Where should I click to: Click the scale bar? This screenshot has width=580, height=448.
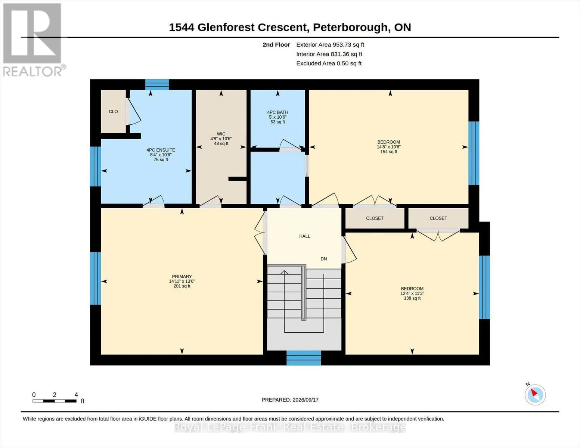55,401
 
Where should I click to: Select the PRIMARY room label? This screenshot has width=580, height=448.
182,276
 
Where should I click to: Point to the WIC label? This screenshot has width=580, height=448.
221,134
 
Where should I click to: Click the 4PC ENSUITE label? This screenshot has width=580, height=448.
161,150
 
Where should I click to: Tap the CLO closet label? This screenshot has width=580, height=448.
113,112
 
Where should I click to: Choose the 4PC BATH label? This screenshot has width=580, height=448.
277,112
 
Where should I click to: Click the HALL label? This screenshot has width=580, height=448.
304,236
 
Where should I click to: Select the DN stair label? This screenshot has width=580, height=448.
323,259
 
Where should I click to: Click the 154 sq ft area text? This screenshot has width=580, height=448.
389,152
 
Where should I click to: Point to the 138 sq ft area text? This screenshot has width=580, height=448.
412,298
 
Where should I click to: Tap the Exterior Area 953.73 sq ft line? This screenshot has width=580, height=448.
330,45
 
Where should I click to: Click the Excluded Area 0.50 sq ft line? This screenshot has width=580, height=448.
329,63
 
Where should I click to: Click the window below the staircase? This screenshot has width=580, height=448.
304,358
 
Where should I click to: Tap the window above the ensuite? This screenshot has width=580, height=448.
157,85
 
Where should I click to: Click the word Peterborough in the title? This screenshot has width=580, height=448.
350,27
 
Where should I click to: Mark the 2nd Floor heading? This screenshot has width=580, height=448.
276,45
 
